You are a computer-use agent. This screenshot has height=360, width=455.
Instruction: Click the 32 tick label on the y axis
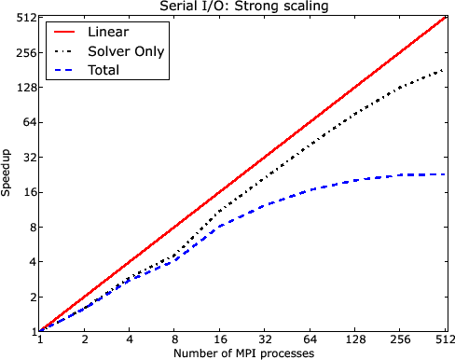click(26, 158)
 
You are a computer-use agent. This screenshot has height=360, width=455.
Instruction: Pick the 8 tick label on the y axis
click(29, 227)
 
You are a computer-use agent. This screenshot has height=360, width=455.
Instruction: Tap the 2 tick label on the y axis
click(29, 297)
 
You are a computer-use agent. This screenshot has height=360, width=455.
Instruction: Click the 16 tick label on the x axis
click(220, 340)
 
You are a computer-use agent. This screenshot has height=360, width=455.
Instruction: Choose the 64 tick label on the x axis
click(310, 340)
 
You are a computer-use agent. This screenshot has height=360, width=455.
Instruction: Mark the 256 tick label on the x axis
click(401, 340)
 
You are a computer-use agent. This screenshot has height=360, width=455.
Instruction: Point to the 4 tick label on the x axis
click(130, 340)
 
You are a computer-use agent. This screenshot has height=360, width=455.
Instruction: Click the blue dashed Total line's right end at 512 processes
click(445, 174)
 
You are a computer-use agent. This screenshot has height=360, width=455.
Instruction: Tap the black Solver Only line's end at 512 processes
click(445, 69)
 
